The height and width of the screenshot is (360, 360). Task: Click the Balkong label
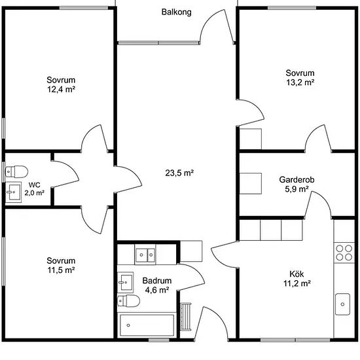pyautogui.click(x=176, y=12)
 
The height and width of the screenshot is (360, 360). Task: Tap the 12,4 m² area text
pyautogui.click(x=62, y=89)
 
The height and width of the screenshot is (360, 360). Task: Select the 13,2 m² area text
pyautogui.click(x=300, y=82)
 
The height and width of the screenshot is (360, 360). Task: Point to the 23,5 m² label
pyautogui.click(x=179, y=173)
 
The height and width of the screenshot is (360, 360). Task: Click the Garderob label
pyautogui.click(x=297, y=179)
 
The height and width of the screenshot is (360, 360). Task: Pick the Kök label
pyautogui.click(x=297, y=274)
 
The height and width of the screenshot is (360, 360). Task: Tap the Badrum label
pyautogui.click(x=157, y=281)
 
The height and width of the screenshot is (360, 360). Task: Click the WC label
pyautogui.click(x=35, y=185)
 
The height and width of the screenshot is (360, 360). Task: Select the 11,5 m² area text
pyautogui.click(x=61, y=270)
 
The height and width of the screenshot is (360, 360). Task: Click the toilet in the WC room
pyautogui.click(x=16, y=171)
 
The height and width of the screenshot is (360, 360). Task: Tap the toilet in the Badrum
pyautogui.click(x=128, y=301)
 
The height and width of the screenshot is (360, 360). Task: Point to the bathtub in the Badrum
pyautogui.click(x=147, y=325)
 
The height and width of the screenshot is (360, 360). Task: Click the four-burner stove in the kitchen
pyautogui.click(x=344, y=253)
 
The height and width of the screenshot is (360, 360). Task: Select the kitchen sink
pyautogui.click(x=342, y=304)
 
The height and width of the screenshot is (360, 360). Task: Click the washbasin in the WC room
pyautogui.click(x=13, y=192)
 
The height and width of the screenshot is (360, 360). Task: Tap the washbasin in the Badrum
pyautogui.click(x=126, y=282)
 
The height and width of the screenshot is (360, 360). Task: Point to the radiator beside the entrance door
pyautogui.click(x=185, y=317)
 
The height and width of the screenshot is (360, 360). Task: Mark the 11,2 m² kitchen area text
pyautogui.click(x=297, y=283)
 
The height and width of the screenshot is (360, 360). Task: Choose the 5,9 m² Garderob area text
pyautogui.click(x=297, y=189)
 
